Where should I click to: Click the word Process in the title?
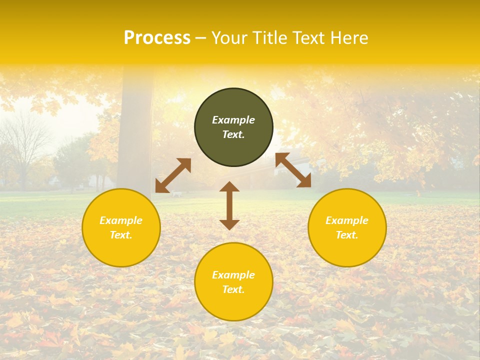[x=157, y=38]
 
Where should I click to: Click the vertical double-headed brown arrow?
[x=229, y=205]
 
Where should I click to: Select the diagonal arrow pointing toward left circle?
[x=173, y=175]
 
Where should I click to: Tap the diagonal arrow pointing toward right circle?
[x=293, y=170]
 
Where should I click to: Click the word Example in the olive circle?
[x=233, y=120]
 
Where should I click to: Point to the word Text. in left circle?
[x=121, y=235]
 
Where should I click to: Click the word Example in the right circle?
[x=347, y=220]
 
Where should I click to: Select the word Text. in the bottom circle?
[x=233, y=289]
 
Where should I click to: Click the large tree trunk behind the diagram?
[x=135, y=130]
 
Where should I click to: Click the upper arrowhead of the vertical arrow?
[x=229, y=187]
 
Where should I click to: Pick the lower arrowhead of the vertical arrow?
[x=229, y=224]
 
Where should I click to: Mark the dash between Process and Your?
[x=201, y=38]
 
